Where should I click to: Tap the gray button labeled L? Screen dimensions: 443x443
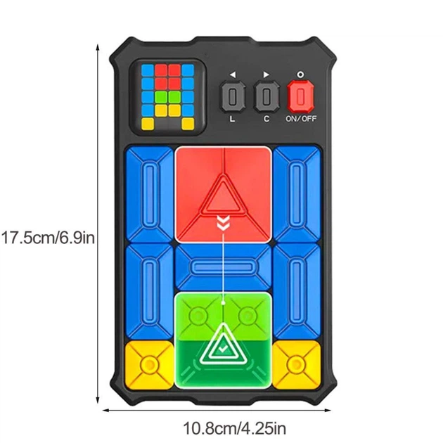pos(233,96)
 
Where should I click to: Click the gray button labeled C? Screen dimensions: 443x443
pos(267,96)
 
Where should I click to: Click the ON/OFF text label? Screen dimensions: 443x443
pos(301,118)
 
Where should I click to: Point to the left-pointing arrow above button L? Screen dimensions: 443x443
pos(233,75)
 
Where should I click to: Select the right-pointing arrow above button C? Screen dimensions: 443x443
pos(266,75)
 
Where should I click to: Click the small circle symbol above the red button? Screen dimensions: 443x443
pos(301,75)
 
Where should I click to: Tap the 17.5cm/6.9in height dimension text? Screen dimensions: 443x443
pos(48,238)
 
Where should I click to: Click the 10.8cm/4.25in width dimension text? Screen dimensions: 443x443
pos(234,428)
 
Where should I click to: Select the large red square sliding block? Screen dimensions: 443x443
pos(224,195)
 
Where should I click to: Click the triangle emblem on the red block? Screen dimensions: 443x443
pos(224,195)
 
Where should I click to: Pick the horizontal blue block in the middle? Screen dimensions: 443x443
pos(223,267)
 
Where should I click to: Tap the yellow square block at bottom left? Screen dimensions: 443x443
pos(149,364)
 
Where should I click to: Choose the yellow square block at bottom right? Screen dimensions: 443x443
pos(296,364)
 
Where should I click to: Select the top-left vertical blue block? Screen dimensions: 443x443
pos(150,195)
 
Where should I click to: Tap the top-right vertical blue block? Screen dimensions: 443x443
pos(297,194)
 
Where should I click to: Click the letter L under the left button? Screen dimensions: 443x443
pos(232,119)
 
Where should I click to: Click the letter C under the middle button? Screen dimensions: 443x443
pos(267,119)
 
